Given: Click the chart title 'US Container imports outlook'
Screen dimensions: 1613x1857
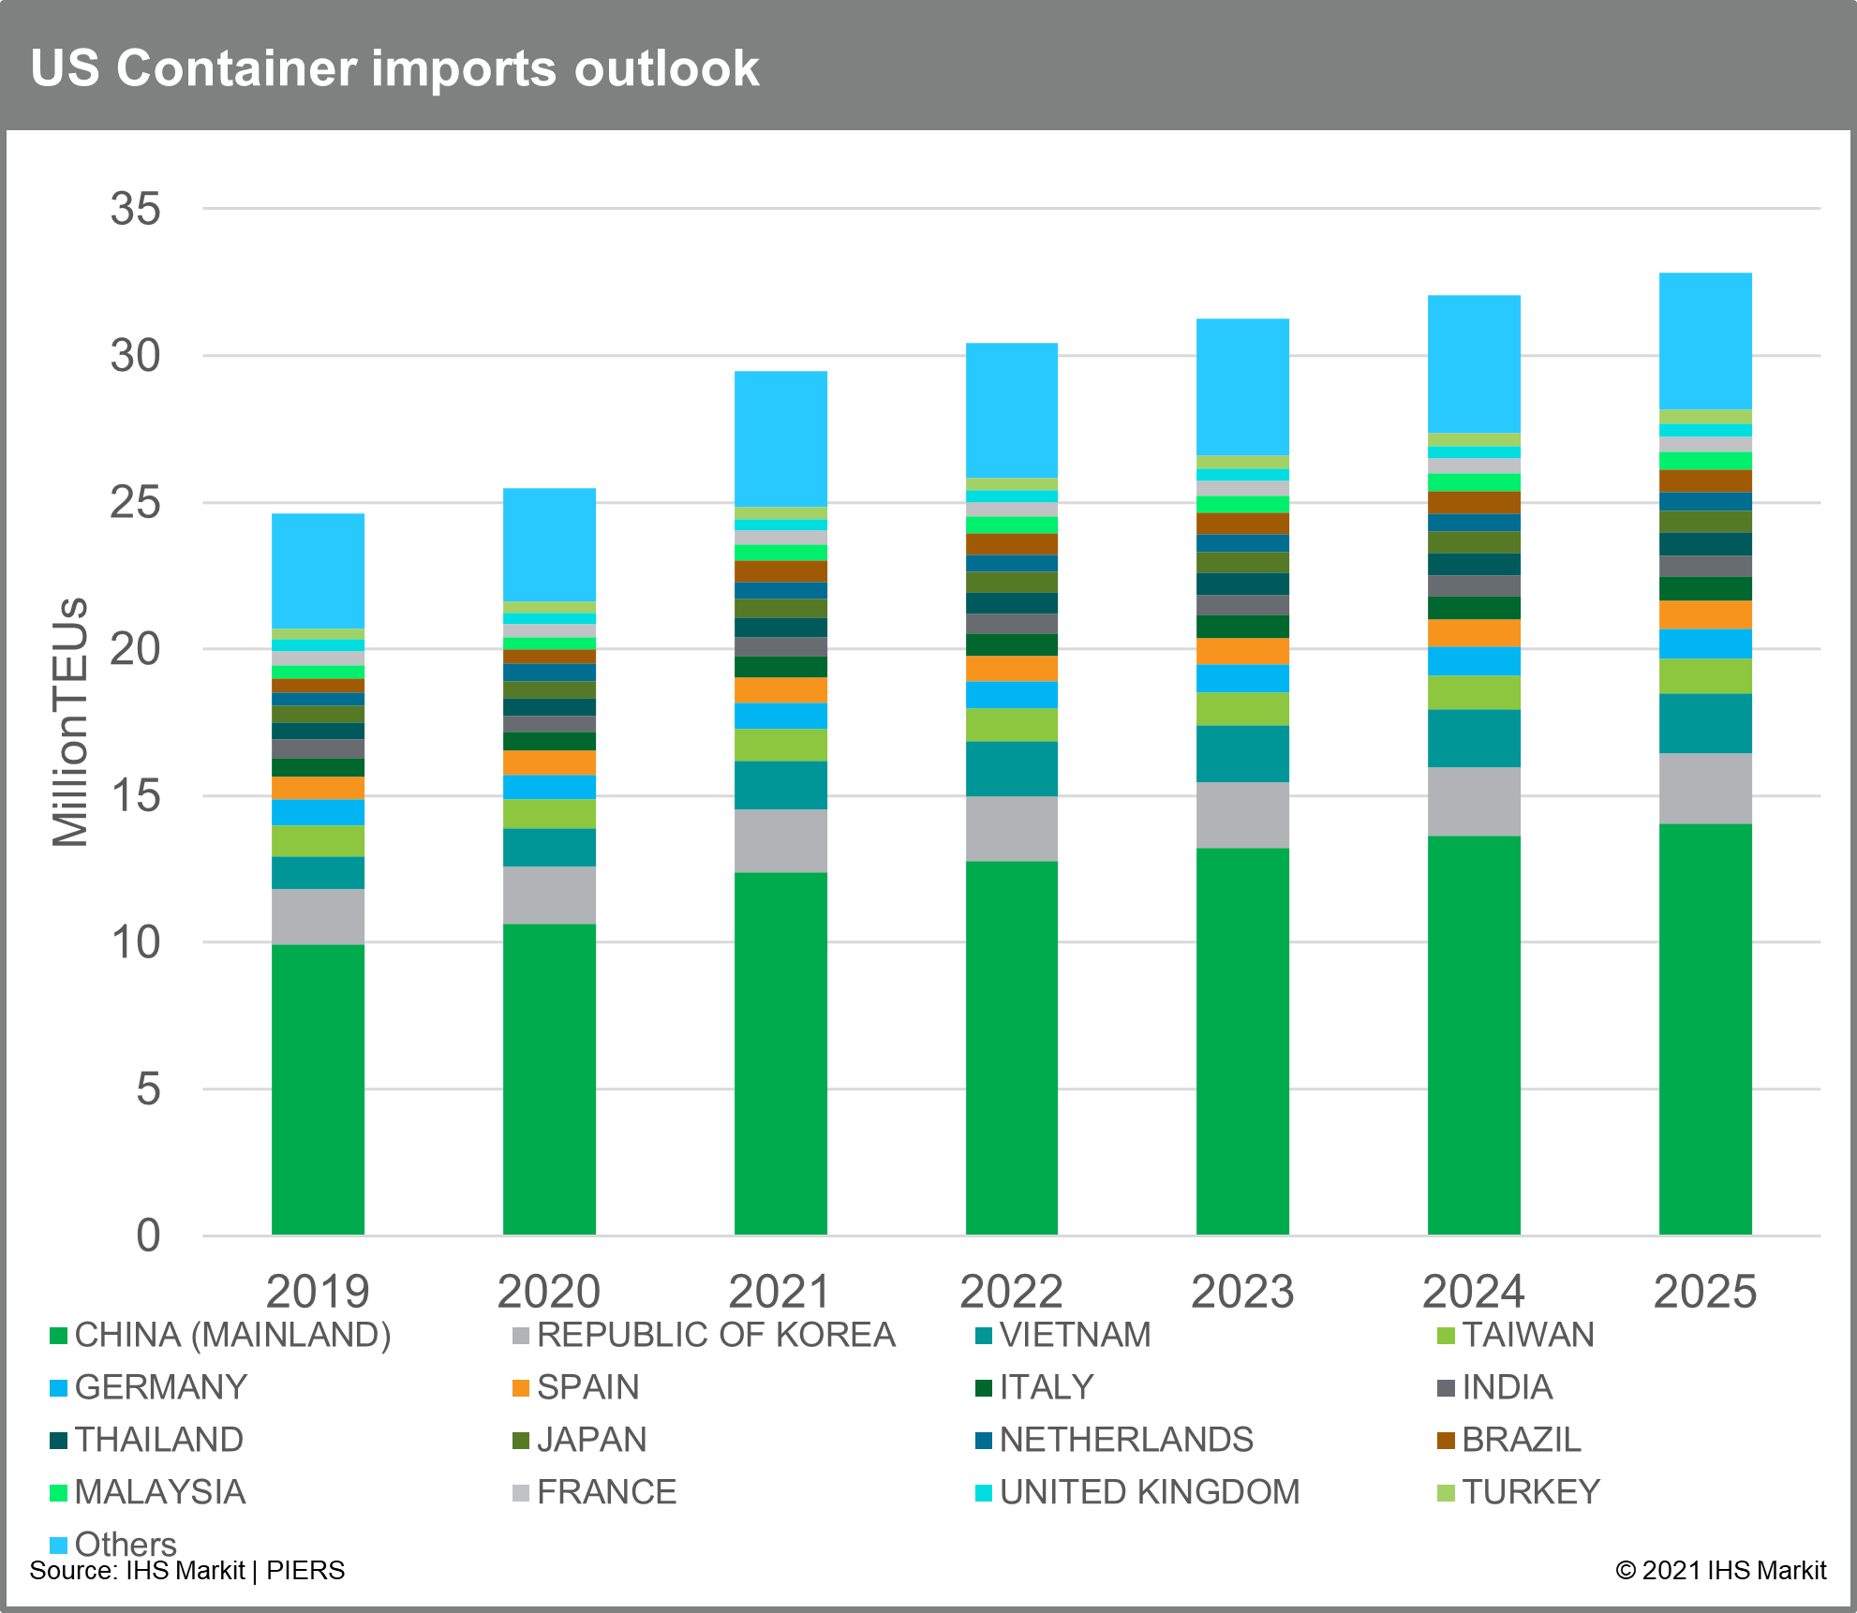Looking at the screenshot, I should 394,68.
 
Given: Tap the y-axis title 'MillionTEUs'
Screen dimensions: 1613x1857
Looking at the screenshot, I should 70,721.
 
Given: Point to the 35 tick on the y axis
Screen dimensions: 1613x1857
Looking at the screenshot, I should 135,209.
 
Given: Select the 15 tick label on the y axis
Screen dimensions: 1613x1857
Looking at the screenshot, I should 135,796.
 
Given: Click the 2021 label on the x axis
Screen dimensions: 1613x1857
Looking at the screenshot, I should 780,1292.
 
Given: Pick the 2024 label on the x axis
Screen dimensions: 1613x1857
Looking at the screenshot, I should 1473,1292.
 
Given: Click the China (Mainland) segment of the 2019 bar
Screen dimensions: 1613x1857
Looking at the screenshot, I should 318,1089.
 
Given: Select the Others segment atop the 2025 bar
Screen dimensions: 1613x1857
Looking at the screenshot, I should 1704,341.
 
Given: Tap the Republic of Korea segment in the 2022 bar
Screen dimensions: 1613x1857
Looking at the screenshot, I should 1011,829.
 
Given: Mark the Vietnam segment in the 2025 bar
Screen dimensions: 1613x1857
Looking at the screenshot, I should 1704,723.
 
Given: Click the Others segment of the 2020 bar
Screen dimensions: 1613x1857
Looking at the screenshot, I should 549,544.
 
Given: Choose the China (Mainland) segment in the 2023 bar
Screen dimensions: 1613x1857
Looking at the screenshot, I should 1242,1042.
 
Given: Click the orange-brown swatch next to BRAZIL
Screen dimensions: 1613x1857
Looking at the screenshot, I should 1446,1441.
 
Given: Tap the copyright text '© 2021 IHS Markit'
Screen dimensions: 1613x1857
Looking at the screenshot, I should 1720,1571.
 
